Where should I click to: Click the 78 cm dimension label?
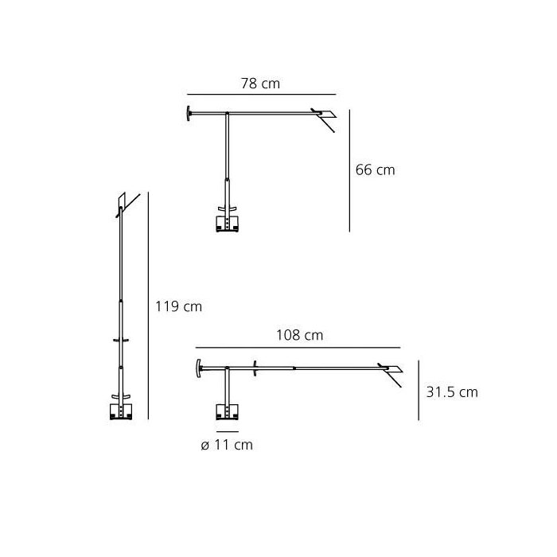click(260, 84)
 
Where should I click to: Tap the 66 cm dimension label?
click(375, 169)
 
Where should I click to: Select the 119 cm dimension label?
click(179, 306)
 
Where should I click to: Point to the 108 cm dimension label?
click(300, 335)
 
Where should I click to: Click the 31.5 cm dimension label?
click(452, 392)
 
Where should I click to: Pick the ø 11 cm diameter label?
click(227, 445)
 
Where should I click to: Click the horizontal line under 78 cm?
click(262, 95)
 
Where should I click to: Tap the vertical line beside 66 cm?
click(349, 170)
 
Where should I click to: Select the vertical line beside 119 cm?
click(148, 306)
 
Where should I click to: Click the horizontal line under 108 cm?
click(298, 348)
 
